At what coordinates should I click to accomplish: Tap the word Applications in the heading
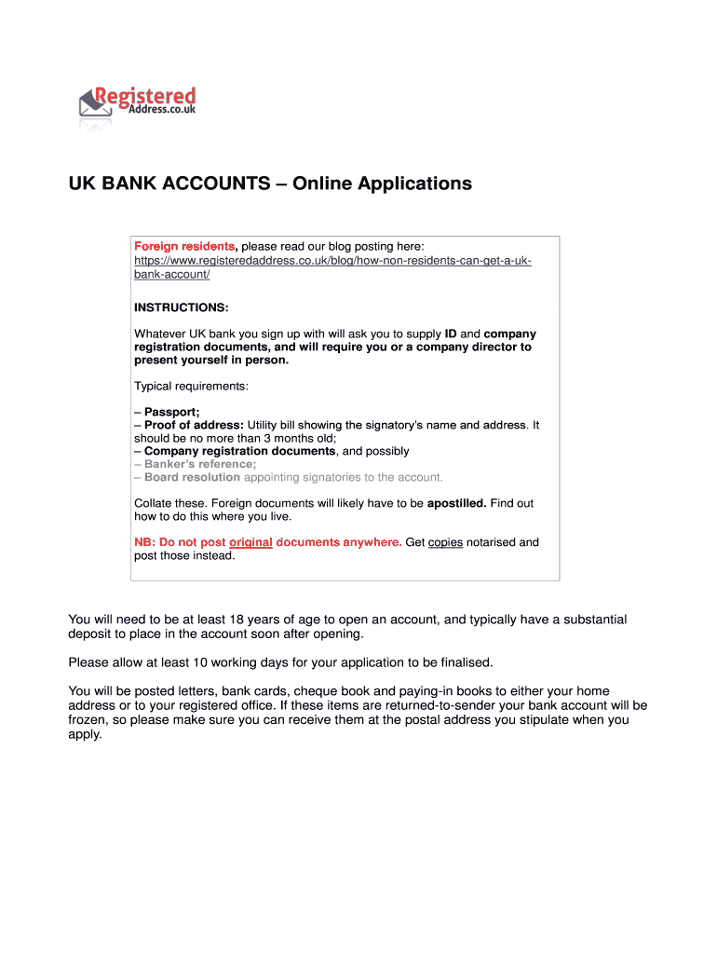point(411,184)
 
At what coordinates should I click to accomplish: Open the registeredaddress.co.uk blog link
point(332,261)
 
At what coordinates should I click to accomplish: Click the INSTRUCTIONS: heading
point(181,307)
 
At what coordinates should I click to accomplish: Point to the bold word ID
point(450,334)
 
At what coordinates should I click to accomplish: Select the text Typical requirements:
point(191,386)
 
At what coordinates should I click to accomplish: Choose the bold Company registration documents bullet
point(239,451)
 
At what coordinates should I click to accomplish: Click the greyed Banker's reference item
point(199,464)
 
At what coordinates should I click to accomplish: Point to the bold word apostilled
point(456,503)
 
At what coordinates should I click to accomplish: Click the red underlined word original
point(250,542)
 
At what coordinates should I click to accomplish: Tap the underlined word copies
point(445,542)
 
